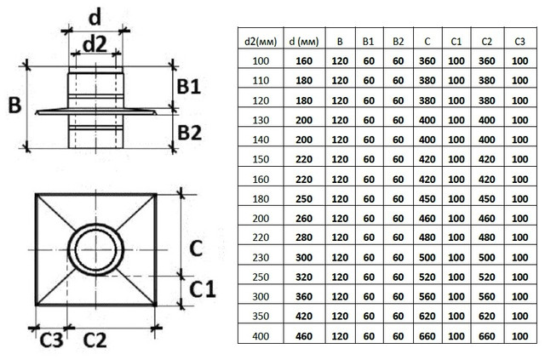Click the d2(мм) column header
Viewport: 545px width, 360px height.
[x=261, y=42]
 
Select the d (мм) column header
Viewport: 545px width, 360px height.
[x=304, y=42]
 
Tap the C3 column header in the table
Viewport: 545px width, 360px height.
[x=519, y=42]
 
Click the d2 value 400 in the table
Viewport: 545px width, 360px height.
[x=261, y=336]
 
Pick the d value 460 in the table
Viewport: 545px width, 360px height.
[x=304, y=336]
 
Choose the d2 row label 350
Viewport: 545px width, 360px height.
[x=261, y=317]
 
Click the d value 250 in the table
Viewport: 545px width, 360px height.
[x=304, y=199]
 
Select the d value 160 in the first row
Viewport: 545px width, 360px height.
[x=304, y=61]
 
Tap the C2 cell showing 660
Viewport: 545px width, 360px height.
[x=486, y=336]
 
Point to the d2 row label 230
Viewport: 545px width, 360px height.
[x=261, y=258]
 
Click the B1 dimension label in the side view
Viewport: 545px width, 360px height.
[x=189, y=87]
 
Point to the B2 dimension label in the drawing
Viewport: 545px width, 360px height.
[x=189, y=133]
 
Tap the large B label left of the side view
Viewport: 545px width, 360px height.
[x=14, y=105]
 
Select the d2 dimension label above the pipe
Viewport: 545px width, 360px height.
[x=95, y=45]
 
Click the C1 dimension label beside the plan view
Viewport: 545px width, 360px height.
[x=203, y=289]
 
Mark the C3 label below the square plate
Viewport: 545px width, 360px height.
[x=51, y=340]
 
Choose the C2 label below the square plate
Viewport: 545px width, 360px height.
[x=95, y=340]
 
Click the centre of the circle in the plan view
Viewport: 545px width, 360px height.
[x=95, y=250]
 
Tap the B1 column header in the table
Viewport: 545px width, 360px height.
[x=368, y=42]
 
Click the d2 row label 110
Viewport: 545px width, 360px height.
[x=261, y=81]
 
